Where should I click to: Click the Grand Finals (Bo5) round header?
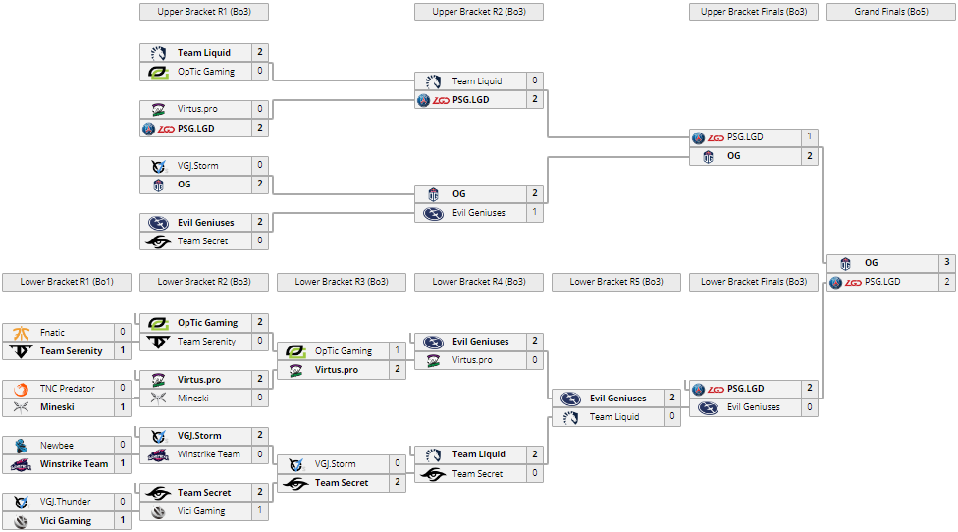890,12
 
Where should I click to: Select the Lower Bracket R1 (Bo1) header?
66,282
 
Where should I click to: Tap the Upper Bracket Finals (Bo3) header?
753,12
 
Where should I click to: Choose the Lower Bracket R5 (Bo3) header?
615,282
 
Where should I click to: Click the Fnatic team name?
53,333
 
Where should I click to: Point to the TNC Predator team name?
68,389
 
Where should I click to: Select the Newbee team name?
57,445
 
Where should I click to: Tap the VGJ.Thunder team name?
67,502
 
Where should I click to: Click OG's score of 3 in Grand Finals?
947,263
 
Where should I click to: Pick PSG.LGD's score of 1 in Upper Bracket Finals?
810,137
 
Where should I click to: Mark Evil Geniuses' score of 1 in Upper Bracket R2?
534,213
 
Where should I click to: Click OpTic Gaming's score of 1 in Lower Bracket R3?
397,351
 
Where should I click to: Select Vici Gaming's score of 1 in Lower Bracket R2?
260,511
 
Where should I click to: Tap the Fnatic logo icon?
22,333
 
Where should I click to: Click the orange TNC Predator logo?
22,389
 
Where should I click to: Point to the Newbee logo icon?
22,445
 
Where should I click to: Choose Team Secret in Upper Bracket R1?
202,241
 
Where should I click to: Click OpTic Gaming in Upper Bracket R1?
205,72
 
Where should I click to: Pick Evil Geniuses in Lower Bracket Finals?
753,407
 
